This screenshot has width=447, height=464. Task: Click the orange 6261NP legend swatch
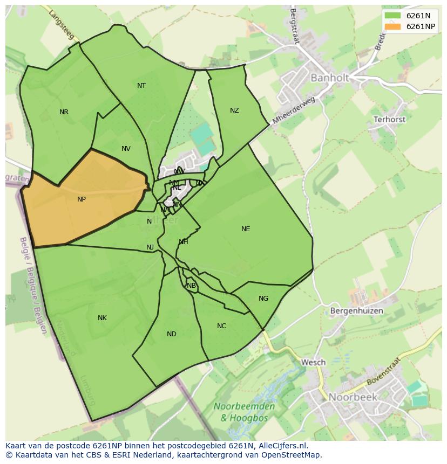(393, 26)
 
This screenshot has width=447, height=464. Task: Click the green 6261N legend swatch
(393, 16)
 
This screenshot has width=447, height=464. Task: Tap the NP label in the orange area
(82, 199)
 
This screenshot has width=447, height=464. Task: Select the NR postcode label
(64, 112)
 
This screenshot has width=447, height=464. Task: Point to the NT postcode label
(141, 86)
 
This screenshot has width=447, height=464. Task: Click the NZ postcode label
(234, 110)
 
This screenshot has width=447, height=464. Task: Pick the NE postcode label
(246, 229)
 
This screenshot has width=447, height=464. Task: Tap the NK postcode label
(102, 318)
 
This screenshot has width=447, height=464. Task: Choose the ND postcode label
(172, 334)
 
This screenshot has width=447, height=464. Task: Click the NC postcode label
(222, 326)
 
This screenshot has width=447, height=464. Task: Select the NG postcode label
(263, 299)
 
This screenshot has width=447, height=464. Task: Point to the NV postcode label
(126, 149)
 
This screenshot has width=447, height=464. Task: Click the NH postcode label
(184, 242)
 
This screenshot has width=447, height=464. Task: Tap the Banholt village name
(329, 78)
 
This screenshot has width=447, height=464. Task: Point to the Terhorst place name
(389, 120)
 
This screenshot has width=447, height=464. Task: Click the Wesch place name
(313, 363)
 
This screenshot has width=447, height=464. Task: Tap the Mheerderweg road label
(294, 110)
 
